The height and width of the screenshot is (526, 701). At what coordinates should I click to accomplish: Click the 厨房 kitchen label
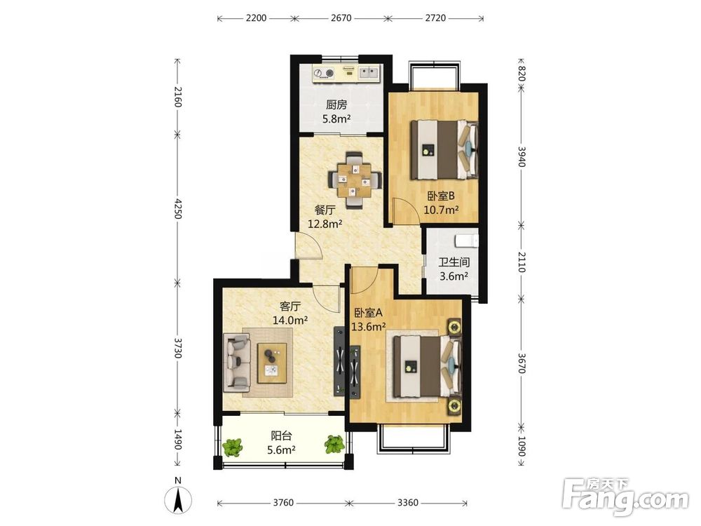tap(336, 105)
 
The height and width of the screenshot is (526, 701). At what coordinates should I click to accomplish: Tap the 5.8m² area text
tap(336, 119)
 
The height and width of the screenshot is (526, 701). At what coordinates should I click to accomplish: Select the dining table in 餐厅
tap(355, 180)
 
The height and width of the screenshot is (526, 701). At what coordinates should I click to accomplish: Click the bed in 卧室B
tap(444, 149)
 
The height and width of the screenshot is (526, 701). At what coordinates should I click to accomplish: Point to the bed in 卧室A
tap(427, 367)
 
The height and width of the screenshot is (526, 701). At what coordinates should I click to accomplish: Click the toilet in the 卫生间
tap(466, 240)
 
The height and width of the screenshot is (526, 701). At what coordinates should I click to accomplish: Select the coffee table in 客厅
tap(272, 363)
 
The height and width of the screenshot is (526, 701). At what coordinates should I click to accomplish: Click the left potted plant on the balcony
tap(232, 447)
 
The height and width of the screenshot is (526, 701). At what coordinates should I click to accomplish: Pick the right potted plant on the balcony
tap(334, 445)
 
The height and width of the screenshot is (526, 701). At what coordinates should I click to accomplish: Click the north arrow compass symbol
tap(178, 499)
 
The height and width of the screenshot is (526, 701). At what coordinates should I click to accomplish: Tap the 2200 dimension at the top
tap(256, 18)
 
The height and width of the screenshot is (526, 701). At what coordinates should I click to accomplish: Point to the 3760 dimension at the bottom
tap(283, 503)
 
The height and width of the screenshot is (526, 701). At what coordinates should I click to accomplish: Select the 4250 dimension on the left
tap(177, 209)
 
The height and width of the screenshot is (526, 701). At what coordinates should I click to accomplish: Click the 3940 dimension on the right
tap(522, 156)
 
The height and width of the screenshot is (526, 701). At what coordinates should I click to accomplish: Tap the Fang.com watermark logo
tap(625, 497)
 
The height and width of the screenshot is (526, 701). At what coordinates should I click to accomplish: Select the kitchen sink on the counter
tap(369, 72)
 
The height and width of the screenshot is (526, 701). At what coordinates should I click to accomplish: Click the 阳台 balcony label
tap(281, 436)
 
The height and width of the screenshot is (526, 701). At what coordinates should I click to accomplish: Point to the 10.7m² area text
tap(441, 209)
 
